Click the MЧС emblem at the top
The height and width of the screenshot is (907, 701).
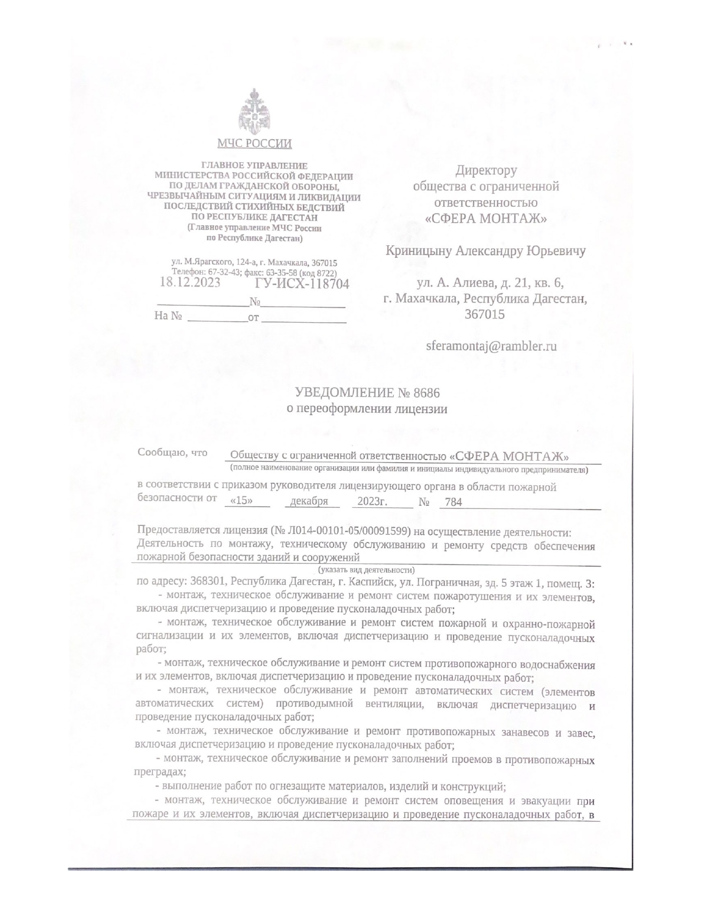pos(254,112)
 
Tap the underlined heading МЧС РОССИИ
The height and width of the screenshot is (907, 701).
pos(254,144)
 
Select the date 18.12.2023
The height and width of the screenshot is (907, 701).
pos(190,283)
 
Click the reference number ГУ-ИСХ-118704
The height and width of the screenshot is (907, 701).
pos(302,284)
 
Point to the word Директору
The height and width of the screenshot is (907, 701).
pos(486,171)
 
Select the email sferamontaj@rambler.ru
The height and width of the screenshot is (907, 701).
pos(492,346)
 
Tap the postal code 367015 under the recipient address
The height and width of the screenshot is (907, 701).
pos(484,314)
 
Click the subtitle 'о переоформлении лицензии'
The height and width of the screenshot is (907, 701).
pos(367,409)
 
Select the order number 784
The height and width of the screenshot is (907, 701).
pos(453,502)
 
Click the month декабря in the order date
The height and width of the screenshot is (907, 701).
pos(309,501)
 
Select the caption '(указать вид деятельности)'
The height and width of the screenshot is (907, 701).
pos(366,569)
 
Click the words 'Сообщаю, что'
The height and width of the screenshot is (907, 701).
pos(172,452)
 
